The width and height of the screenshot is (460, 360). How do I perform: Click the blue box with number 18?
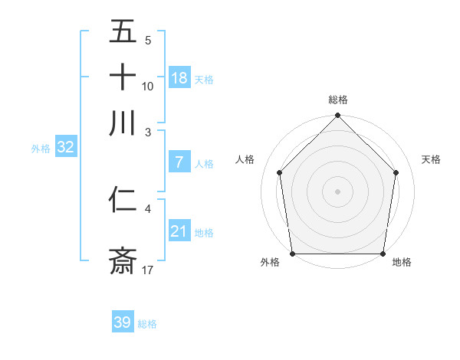coord(179,78)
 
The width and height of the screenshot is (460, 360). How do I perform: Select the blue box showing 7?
coord(179,162)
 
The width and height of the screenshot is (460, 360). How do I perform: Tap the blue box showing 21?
coord(179,231)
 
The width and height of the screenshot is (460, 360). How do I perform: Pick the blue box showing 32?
coord(65,148)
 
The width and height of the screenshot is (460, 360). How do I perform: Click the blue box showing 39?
coord(122,322)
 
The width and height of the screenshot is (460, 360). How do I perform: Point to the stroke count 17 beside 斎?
coord(148,270)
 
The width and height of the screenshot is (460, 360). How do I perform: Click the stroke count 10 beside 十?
coord(148,86)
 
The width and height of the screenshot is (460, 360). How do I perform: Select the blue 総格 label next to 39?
coord(147,324)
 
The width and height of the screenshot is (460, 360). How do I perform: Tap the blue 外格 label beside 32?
coord(40,149)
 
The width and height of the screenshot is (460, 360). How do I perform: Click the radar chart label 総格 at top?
coord(338,100)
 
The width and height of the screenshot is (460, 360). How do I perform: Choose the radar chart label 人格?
coord(245,159)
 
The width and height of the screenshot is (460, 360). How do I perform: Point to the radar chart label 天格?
coord(431,159)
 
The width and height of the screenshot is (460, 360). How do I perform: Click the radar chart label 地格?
coord(402,262)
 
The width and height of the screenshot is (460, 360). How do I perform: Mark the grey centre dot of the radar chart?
coord(338,191)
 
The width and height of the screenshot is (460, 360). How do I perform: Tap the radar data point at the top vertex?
coord(338,116)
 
